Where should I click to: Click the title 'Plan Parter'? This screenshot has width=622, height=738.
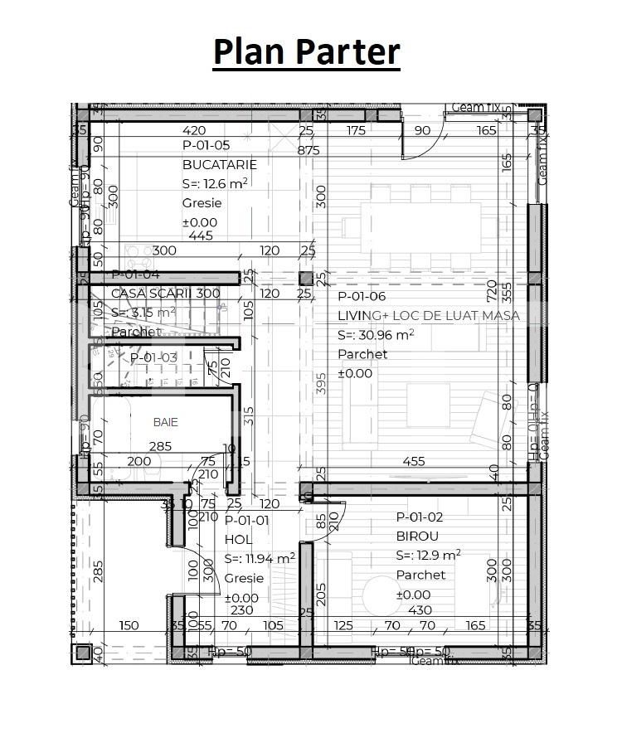(x=307, y=51)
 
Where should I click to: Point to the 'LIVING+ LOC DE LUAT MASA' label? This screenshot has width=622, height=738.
(x=429, y=315)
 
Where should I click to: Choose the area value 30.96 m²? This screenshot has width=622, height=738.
(x=376, y=335)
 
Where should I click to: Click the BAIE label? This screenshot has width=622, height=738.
(x=166, y=422)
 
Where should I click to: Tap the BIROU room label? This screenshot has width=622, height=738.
(x=417, y=537)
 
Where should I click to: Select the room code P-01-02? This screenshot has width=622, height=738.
(x=419, y=517)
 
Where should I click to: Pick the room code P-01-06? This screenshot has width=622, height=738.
(x=362, y=296)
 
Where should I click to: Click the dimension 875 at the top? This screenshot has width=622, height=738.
(x=308, y=150)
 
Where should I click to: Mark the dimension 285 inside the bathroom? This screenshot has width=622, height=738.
(x=160, y=446)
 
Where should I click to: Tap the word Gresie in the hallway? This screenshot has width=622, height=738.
(x=244, y=578)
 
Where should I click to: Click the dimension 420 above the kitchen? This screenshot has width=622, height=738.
(x=193, y=130)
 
